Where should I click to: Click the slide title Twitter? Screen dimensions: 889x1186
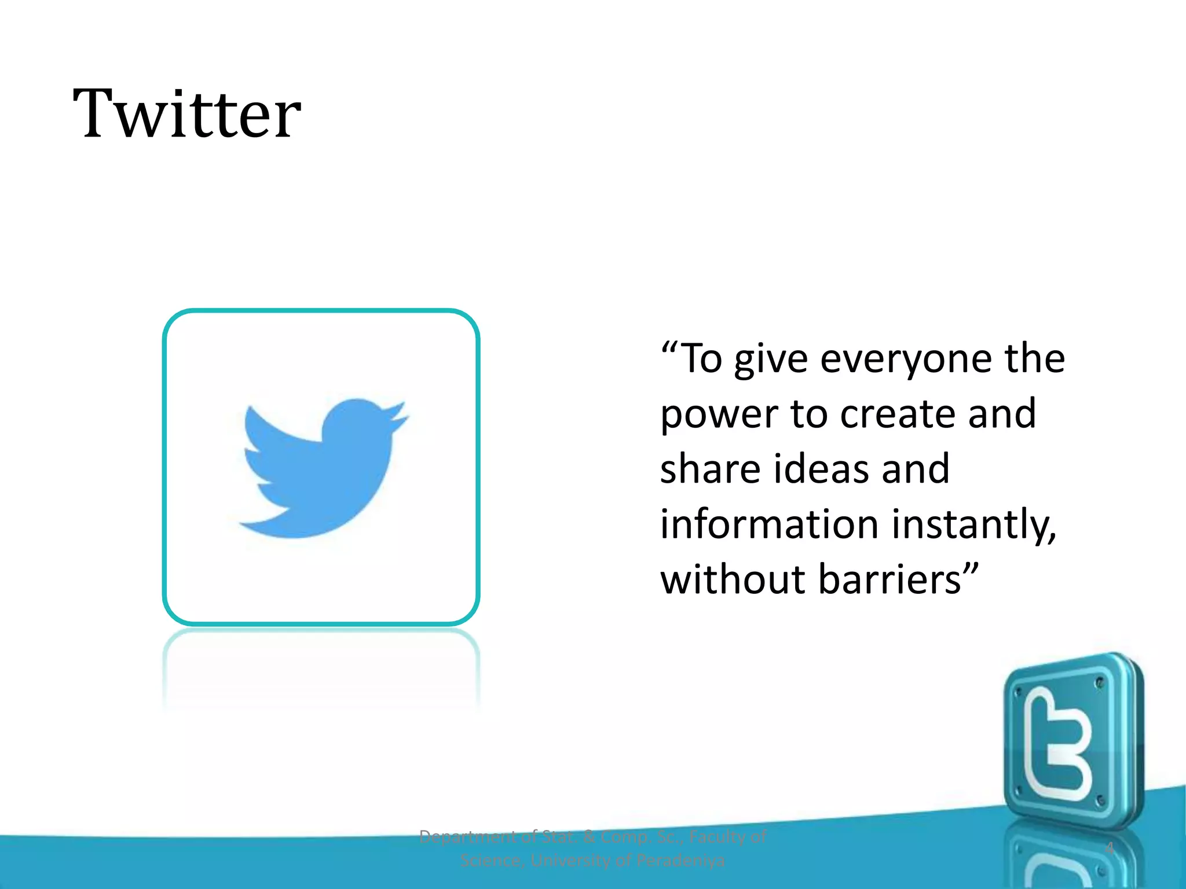point(186,113)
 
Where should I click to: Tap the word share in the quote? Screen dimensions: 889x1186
point(710,469)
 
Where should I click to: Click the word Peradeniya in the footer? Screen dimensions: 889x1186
point(680,861)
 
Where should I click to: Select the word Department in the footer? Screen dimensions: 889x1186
point(467,837)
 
